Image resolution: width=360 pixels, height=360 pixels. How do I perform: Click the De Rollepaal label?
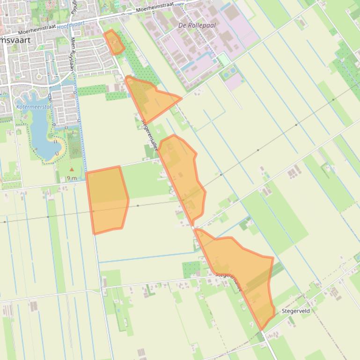coord(197,25)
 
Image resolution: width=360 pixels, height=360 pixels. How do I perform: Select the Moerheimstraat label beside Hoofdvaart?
coord(37,30)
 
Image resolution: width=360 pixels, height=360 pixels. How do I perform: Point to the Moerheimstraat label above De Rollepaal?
coord(154,7)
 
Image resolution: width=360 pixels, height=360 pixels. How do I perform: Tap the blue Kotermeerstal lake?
coord(42,136)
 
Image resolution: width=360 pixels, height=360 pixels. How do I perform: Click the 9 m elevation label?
coord(72,178)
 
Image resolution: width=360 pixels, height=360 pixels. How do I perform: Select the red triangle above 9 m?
coord(72,170)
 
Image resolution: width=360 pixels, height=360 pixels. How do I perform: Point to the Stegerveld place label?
coord(295,311)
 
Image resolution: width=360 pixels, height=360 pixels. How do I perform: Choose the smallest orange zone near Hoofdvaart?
coord(114,42)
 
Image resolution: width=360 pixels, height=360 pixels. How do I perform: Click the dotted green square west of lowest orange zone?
coord(191,269)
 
